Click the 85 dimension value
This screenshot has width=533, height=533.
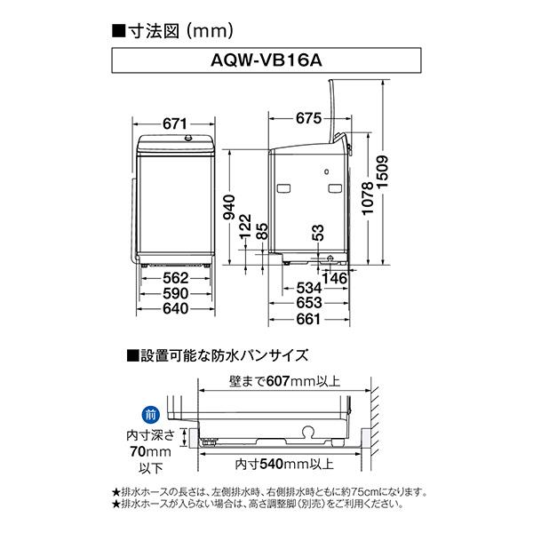click(260, 233)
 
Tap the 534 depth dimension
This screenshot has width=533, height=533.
click(307, 288)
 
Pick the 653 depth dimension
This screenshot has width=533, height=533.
click(307, 303)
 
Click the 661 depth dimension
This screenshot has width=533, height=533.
click(307, 319)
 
